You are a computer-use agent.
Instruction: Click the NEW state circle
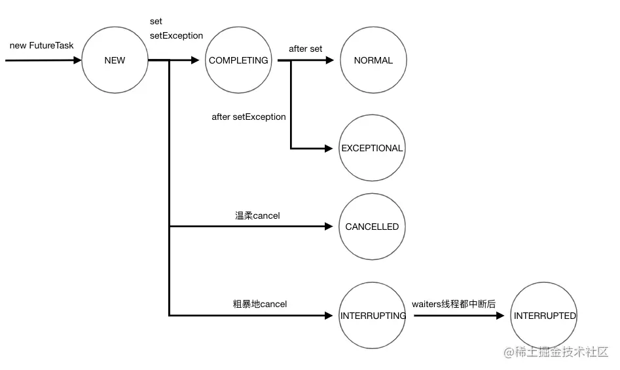(x=115, y=60)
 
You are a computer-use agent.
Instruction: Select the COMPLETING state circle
(x=238, y=60)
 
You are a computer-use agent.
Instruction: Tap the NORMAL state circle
(x=373, y=60)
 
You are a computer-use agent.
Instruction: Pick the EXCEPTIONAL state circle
(x=372, y=148)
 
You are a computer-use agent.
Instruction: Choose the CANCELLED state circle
(x=372, y=227)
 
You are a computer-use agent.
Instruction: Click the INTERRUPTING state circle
(x=373, y=316)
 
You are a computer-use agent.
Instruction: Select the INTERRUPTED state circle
(x=545, y=316)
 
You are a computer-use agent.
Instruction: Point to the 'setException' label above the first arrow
(x=176, y=35)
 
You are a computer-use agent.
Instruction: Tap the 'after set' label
(x=306, y=49)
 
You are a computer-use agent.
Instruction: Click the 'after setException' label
(x=249, y=117)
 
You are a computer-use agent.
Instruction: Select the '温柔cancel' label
(x=257, y=215)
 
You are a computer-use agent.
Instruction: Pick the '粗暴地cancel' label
(x=260, y=304)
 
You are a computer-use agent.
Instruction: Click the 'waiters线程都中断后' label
(x=454, y=304)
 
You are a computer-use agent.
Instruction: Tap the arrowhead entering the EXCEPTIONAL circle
(x=329, y=149)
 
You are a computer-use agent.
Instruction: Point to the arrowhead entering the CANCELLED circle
(x=329, y=227)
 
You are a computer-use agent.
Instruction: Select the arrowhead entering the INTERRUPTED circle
(x=501, y=316)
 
